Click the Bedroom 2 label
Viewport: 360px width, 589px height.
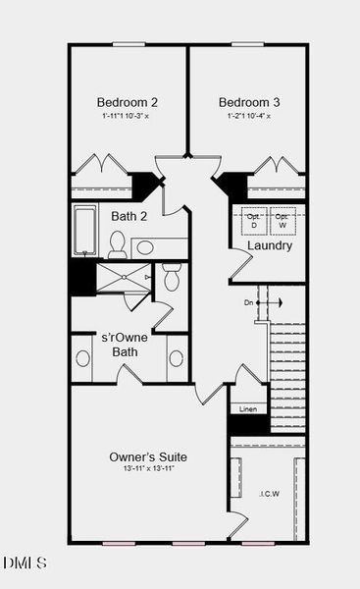pyautogui.click(x=128, y=102)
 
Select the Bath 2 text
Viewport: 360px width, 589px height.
pyautogui.click(x=129, y=216)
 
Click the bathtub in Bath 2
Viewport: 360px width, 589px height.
pyautogui.click(x=85, y=231)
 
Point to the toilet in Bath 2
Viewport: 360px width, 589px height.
pyautogui.click(x=117, y=242)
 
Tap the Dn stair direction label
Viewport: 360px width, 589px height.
pyautogui.click(x=249, y=302)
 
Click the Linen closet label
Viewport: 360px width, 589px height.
pyautogui.click(x=248, y=408)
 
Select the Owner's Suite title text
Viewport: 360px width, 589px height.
pyautogui.click(x=148, y=456)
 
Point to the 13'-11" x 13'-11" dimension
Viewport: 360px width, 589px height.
pyautogui.click(x=148, y=469)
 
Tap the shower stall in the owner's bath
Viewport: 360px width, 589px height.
pyautogui.click(x=123, y=278)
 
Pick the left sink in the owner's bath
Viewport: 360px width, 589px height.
pyautogui.click(x=82, y=358)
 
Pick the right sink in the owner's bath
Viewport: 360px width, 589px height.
pyautogui.click(x=177, y=358)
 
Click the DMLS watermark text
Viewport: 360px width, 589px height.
pyautogui.click(x=25, y=562)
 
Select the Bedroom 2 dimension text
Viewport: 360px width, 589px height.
pyautogui.click(x=128, y=116)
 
